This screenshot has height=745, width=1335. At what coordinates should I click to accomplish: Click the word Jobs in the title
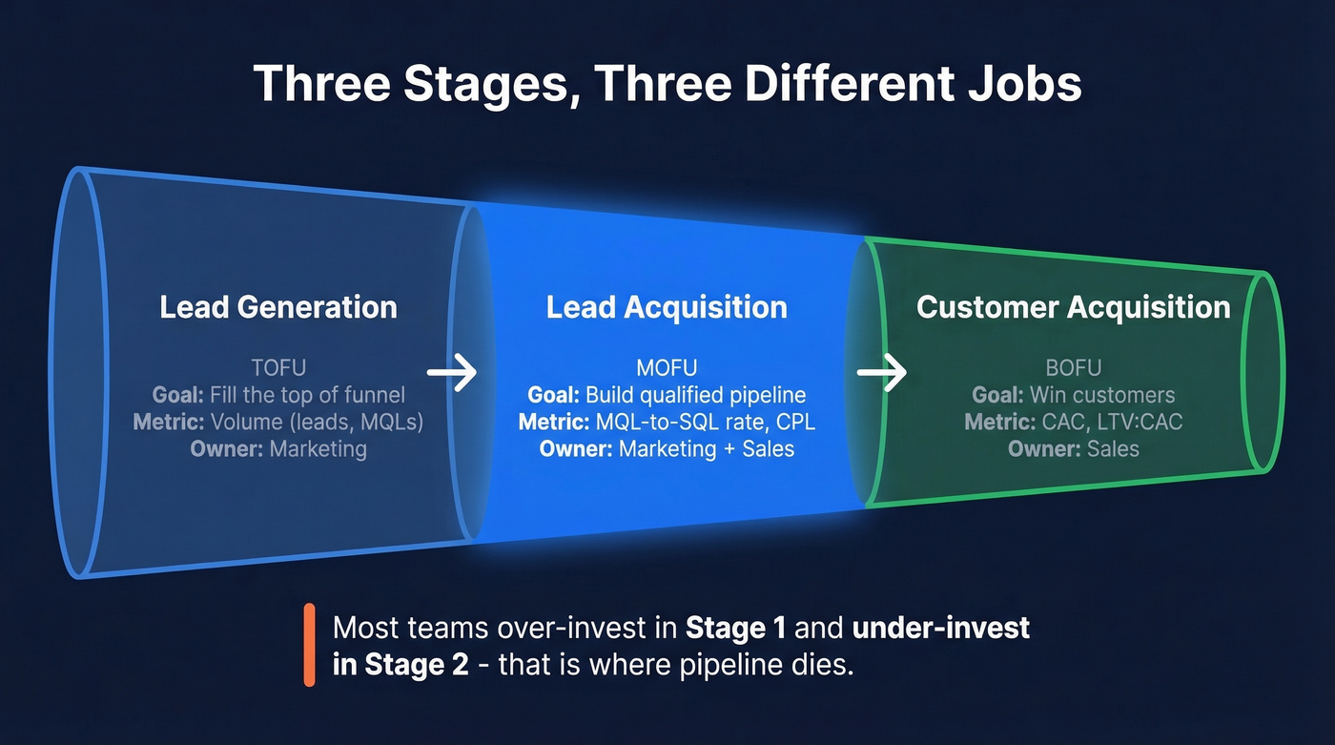pos(1024,83)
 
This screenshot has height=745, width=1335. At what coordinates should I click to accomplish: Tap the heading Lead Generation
pos(278,307)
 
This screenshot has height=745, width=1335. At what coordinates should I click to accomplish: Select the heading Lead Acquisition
pos(667,307)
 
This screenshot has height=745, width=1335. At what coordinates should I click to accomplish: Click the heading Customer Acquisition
pos(1073,307)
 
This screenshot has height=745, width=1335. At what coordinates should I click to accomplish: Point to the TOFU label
pos(278,367)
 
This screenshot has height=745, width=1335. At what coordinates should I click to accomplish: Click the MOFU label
pos(667,367)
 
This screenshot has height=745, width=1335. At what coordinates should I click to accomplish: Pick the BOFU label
pos(1073,367)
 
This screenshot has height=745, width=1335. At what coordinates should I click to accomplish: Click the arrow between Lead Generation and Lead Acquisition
pos(451,373)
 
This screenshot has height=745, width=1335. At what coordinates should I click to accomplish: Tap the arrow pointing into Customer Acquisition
pos(881,373)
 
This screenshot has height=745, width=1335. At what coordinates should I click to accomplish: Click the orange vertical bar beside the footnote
pos(309,645)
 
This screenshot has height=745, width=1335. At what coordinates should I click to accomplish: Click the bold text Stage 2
pos(400,664)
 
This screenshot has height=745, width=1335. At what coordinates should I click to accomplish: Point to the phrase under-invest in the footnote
pos(940,628)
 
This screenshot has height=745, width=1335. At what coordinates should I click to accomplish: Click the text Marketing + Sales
pos(707,448)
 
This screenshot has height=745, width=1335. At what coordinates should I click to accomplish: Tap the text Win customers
pos(1102,395)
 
